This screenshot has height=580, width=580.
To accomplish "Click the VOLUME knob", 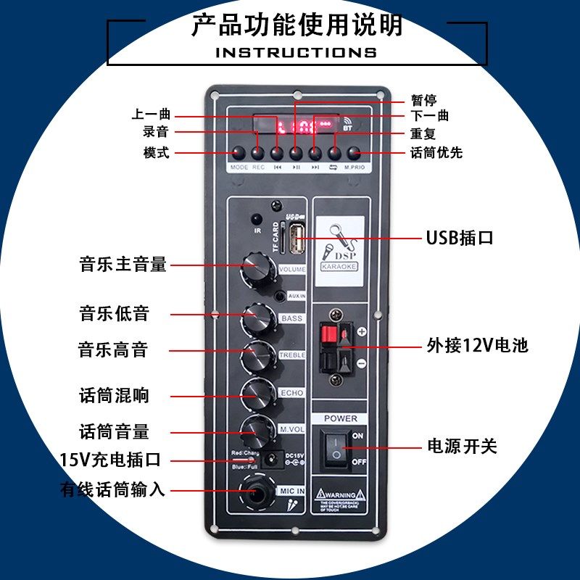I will point(257,266).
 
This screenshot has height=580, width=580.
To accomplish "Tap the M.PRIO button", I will point(354,153).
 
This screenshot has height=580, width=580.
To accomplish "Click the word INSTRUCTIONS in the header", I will point(296,52).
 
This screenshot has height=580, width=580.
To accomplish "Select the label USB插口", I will point(459,238).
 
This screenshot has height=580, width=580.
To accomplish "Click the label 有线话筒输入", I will point(113,490).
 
